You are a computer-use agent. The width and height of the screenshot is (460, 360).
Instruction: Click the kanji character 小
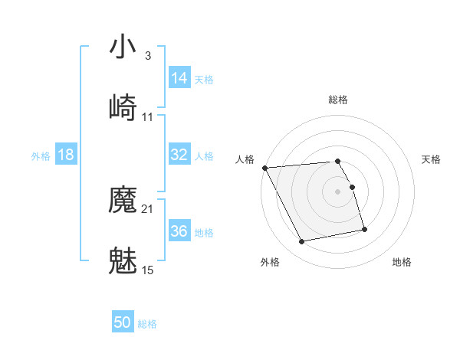(x=123, y=48)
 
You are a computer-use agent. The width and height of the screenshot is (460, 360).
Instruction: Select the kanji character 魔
(x=123, y=201)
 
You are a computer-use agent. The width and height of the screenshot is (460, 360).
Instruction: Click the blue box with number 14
(x=179, y=78)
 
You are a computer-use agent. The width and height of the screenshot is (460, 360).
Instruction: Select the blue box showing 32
(x=179, y=155)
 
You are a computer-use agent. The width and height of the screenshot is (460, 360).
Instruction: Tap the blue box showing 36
(x=179, y=231)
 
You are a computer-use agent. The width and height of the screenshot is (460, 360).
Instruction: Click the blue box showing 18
(x=66, y=155)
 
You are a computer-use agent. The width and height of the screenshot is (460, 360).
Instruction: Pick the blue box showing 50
(x=123, y=323)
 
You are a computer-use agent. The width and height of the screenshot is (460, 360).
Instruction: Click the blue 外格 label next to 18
(x=41, y=156)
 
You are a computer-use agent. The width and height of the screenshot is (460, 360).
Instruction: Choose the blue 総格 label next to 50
(x=147, y=325)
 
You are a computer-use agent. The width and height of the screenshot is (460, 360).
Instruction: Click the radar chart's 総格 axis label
(x=338, y=100)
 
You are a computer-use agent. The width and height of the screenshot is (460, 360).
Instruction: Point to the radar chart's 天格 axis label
(x=431, y=159)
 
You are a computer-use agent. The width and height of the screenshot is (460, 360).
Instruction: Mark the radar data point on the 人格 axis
(x=264, y=168)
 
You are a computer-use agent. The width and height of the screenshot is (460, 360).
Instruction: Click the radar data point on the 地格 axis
(x=364, y=229)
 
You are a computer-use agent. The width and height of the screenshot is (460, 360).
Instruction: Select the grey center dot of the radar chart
(x=338, y=191)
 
